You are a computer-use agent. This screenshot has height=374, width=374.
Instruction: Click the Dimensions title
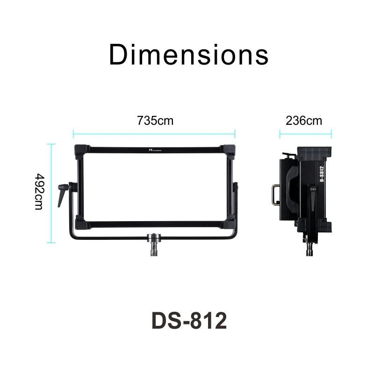click(x=188, y=55)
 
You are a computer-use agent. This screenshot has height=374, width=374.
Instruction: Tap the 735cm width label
click(x=155, y=121)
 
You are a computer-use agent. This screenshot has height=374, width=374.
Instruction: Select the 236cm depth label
click(x=304, y=121)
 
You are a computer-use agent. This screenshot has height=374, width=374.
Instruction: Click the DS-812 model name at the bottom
click(x=189, y=321)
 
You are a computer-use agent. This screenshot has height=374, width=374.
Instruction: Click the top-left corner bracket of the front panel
click(x=81, y=151)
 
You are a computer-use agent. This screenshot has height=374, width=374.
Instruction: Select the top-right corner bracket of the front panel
click(x=228, y=151)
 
